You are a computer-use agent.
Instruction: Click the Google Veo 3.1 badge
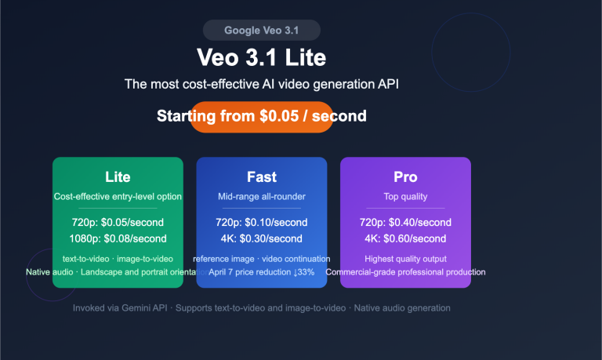(262, 31)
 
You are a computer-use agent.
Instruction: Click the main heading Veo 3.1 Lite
(262, 58)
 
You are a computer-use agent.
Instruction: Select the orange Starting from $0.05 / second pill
(262, 117)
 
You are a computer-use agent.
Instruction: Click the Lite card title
(118, 177)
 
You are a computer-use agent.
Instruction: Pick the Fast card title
(262, 177)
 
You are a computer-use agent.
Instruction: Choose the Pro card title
(405, 177)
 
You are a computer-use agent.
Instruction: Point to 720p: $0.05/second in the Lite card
(118, 223)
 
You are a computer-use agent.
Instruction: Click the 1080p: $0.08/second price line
(118, 238)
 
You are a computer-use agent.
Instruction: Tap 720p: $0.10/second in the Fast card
(262, 223)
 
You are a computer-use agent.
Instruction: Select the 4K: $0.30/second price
(262, 238)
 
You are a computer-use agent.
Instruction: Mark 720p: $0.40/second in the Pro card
(405, 223)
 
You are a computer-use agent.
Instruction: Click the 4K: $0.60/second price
(405, 238)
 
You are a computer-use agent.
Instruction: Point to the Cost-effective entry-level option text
(118, 196)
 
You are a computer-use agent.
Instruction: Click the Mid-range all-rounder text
(262, 196)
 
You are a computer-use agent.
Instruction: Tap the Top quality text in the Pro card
(405, 196)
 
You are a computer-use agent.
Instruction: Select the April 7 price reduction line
(262, 272)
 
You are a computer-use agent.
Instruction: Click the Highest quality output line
(405, 259)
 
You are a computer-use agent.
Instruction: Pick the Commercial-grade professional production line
(405, 272)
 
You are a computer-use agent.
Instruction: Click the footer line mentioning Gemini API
(262, 308)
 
